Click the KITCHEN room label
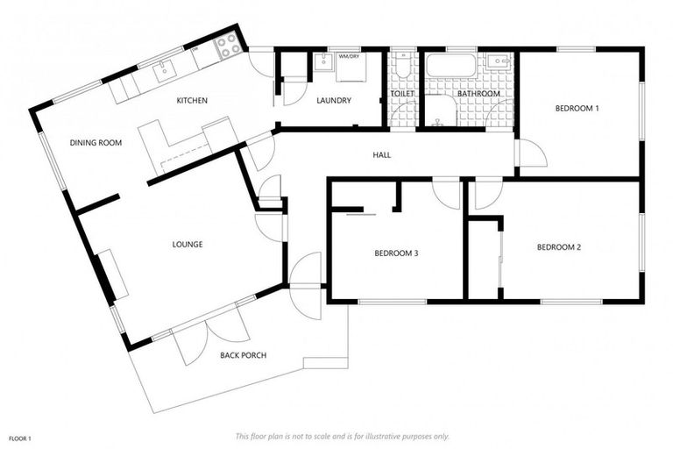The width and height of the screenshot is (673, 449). [192, 101]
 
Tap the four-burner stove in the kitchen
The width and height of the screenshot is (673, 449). [228, 46]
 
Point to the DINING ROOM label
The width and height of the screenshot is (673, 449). [96, 142]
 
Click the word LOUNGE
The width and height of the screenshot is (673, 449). [188, 245]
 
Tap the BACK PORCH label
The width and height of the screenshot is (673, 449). [242, 355]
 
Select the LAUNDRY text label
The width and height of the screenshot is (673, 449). [333, 101]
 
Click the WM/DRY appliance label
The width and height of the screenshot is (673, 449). [348, 57]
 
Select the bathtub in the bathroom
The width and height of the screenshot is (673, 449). [450, 66]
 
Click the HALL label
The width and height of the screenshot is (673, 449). [381, 155]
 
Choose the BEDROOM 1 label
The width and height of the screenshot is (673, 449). [577, 109]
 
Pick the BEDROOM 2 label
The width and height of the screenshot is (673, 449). [558, 247]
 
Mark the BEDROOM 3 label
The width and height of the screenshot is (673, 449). [396, 253]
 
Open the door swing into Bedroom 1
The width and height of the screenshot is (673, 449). [532, 154]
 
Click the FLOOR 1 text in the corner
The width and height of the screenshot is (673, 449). [20, 437]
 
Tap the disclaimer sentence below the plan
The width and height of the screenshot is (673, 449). [342, 436]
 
